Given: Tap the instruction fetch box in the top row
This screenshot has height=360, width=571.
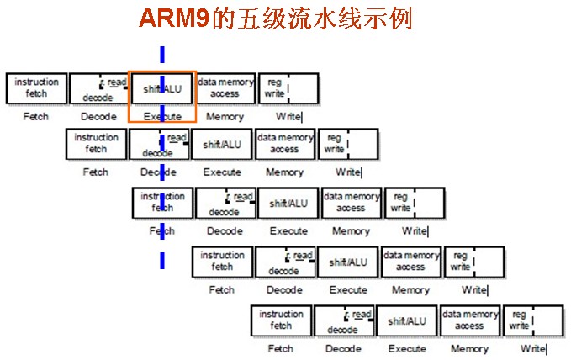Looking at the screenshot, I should point(36,87).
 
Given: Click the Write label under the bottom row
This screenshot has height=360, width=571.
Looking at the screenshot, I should point(533,348).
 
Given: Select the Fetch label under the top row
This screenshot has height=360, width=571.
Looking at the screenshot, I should point(36,117).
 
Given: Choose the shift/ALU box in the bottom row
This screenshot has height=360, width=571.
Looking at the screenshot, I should point(407,320).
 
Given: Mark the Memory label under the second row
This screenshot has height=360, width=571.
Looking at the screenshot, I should point(284,172).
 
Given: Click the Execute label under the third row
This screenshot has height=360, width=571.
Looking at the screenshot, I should point(288,230).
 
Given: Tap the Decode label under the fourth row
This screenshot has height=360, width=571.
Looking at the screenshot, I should point(284,290).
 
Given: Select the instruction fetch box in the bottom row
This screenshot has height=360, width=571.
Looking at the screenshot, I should point(282,320).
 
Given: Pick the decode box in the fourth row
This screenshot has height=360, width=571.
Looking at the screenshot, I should point(285,262).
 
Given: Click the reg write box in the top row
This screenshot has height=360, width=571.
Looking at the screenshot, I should point(287,87).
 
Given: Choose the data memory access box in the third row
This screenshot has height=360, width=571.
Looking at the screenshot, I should point(351,203).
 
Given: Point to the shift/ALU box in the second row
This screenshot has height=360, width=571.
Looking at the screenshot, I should point(222,145).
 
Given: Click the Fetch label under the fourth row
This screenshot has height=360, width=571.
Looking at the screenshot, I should point(222,290).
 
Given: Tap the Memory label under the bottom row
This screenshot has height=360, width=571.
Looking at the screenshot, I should point(469,348).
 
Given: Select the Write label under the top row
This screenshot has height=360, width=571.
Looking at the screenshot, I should point(288,117).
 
